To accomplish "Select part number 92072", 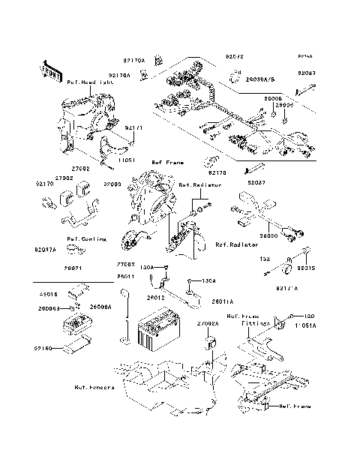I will pyautogui.click(x=235, y=56).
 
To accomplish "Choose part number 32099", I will pyautogui.click(x=112, y=184).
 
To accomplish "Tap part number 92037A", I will pyautogui.click(x=45, y=250).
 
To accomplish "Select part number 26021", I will pyautogui.click(x=51, y=268).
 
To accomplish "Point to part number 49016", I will pyautogui.click(x=48, y=295).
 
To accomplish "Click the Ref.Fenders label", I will pyautogui.click(x=94, y=388).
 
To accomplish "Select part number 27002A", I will pyautogui.click(x=208, y=323).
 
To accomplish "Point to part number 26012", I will pyautogui.click(x=156, y=298).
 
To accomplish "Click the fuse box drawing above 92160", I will pyautogui.click(x=78, y=328).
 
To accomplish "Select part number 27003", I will pyautogui.click(x=125, y=264).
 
